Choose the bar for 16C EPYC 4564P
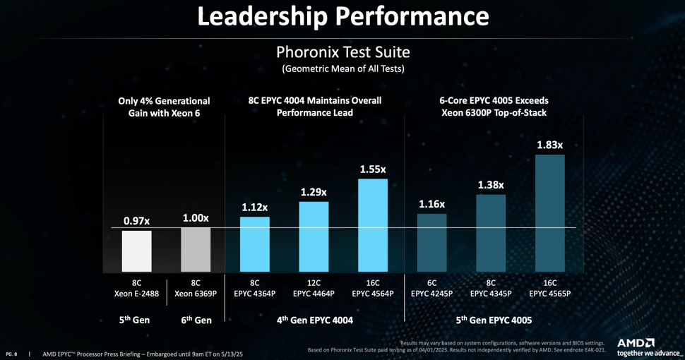(x=373, y=224)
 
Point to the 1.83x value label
(x=550, y=145)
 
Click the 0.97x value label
(x=136, y=220)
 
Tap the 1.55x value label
(x=373, y=169)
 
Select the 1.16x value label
(x=431, y=204)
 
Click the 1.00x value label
(x=196, y=218)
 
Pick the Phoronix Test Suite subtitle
(x=342, y=52)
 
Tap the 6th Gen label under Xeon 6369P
(x=196, y=320)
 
